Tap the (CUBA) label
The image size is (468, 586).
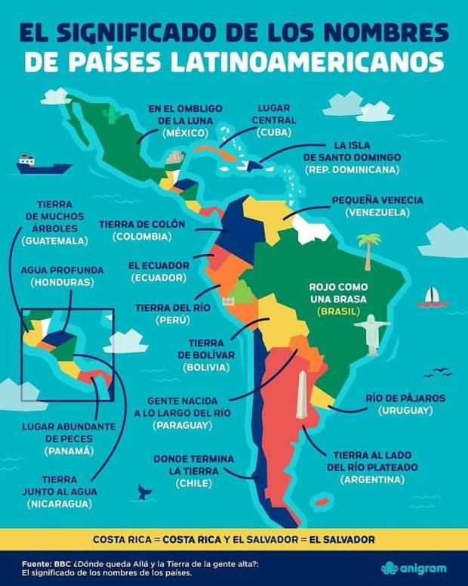[x=272, y=132]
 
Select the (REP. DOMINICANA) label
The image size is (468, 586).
[x=351, y=169]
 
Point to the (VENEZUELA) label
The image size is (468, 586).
[x=377, y=213]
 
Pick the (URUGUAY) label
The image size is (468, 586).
[x=405, y=410]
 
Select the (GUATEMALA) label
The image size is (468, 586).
[x=54, y=241]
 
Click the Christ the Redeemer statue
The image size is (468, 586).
[x=371, y=334]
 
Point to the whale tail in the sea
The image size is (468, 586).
[x=143, y=491]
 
